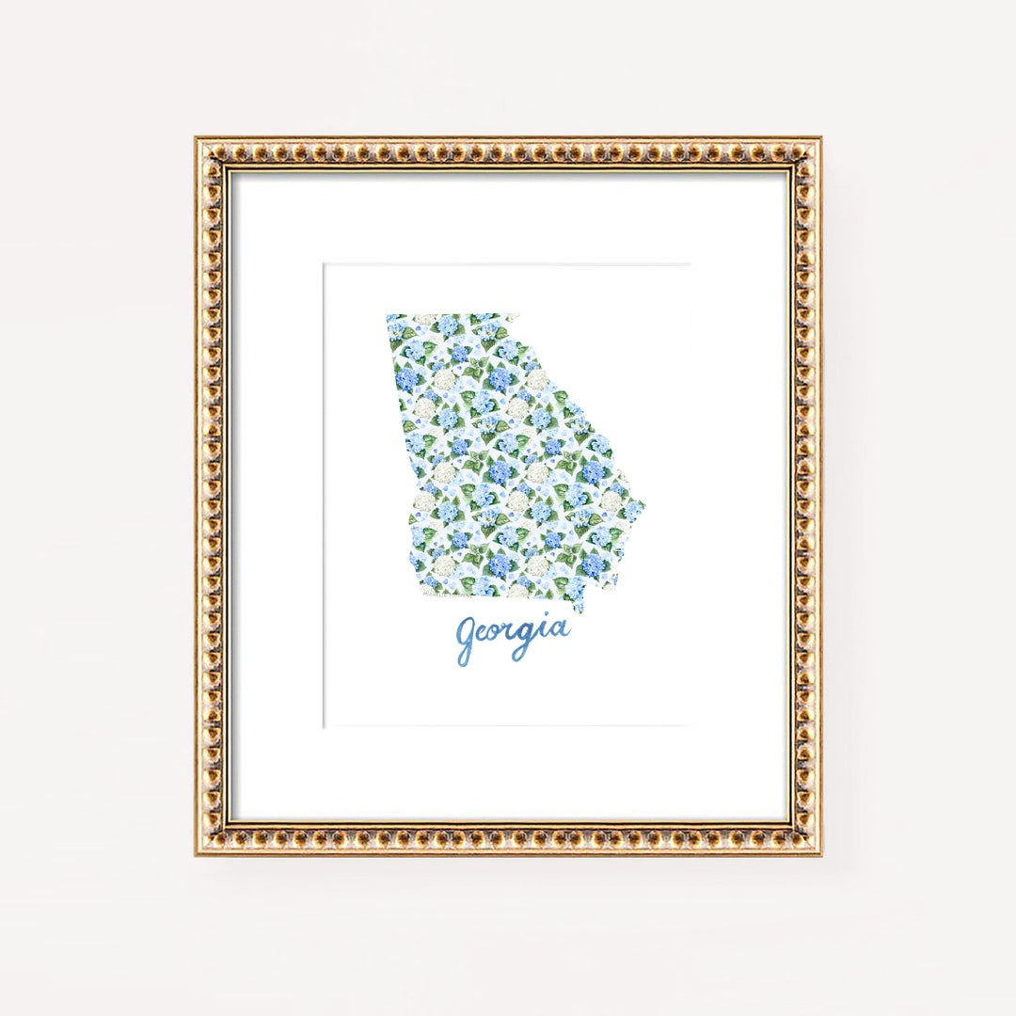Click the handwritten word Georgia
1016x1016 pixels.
513,636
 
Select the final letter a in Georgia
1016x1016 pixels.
560,629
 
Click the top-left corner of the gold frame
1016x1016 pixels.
198,140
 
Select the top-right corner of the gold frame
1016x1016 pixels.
819,140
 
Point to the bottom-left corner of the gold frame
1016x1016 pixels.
198,853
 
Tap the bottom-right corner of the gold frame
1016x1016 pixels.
819,853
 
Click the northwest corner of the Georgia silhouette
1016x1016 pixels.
388,316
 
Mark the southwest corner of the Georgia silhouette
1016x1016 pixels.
410,595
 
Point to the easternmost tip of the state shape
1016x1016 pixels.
644,502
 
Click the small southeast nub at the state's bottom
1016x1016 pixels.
577,607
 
